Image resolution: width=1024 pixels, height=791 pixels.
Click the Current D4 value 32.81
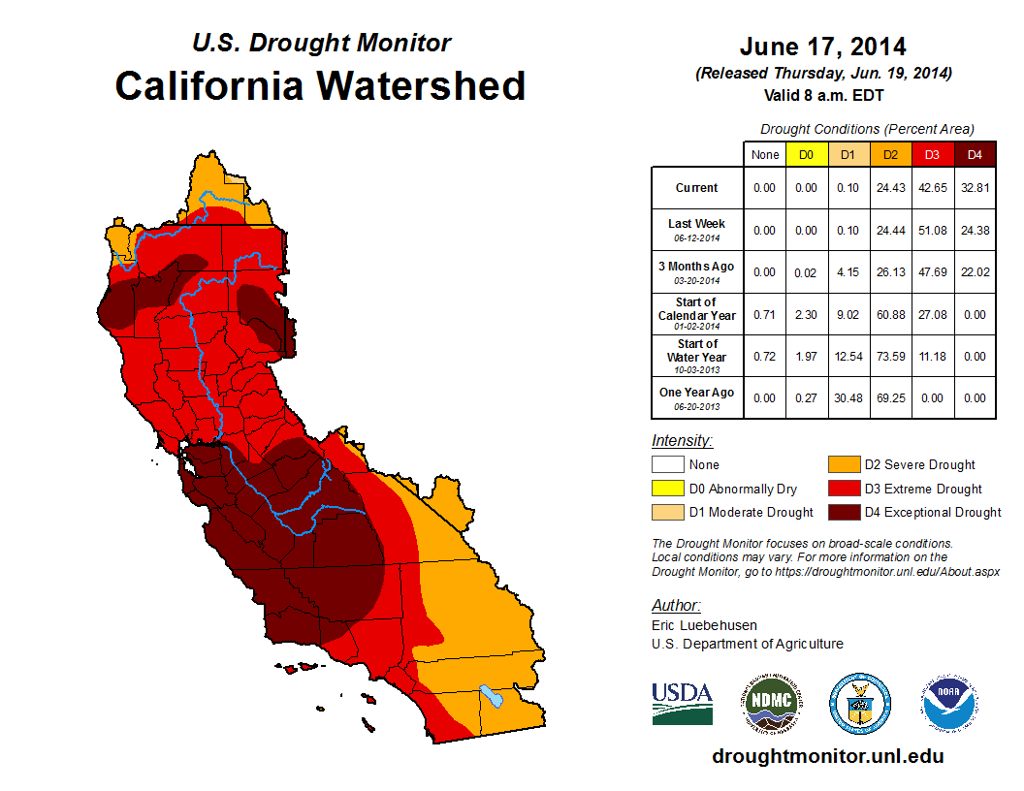976,188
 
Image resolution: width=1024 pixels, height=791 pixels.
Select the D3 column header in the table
933,155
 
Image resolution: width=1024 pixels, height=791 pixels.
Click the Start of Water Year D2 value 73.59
891,357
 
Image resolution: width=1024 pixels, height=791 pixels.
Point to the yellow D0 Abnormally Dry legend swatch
666,489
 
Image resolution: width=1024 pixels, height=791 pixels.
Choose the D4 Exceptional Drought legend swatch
844,512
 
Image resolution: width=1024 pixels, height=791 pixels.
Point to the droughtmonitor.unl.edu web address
827,756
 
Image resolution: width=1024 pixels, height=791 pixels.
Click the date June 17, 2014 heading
822,47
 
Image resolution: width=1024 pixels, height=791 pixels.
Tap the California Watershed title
320,85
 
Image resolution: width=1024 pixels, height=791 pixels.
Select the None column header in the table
765,155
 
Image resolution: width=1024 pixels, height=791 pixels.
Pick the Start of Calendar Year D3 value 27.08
933,315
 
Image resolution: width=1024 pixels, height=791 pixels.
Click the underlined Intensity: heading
682,440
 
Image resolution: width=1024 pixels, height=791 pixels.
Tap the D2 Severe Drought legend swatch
844,465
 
